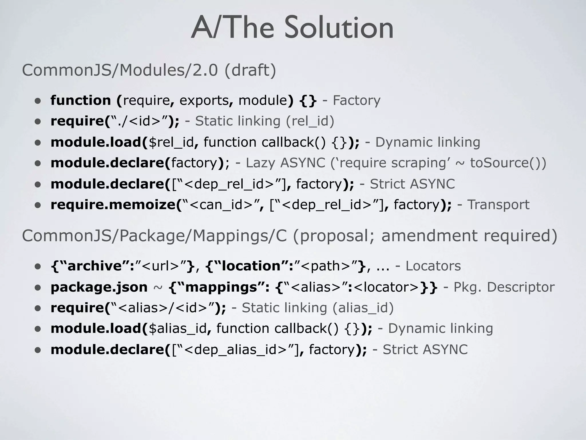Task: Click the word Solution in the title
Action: click(x=339, y=28)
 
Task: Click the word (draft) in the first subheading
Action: click(x=250, y=70)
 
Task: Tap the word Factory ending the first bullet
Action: click(x=357, y=100)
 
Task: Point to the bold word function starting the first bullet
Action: click(x=81, y=100)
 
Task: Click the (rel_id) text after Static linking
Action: click(x=310, y=121)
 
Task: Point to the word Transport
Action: click(x=498, y=205)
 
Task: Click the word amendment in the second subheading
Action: click(x=429, y=236)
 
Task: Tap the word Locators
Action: click(x=433, y=266)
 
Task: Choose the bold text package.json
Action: click(x=99, y=287)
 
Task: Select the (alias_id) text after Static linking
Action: click(x=363, y=308)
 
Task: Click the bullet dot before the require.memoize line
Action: click(x=38, y=205)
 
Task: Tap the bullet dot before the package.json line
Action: click(x=38, y=288)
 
